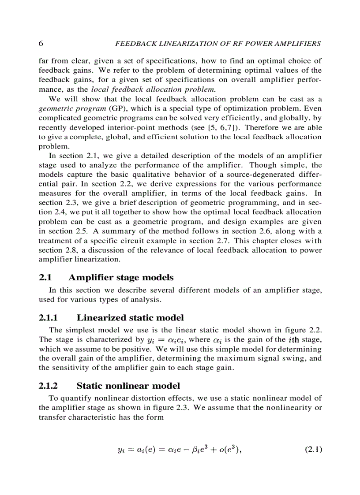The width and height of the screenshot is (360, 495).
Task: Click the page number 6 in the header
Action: click(41, 44)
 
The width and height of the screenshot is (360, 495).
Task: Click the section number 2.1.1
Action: click(49, 318)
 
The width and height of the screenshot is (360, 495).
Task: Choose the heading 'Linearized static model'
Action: click(130, 318)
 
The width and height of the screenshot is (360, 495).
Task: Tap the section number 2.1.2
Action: click(49, 386)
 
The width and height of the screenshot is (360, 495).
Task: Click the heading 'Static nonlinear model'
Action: click(128, 386)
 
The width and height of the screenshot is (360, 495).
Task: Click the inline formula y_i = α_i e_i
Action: click(166, 340)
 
